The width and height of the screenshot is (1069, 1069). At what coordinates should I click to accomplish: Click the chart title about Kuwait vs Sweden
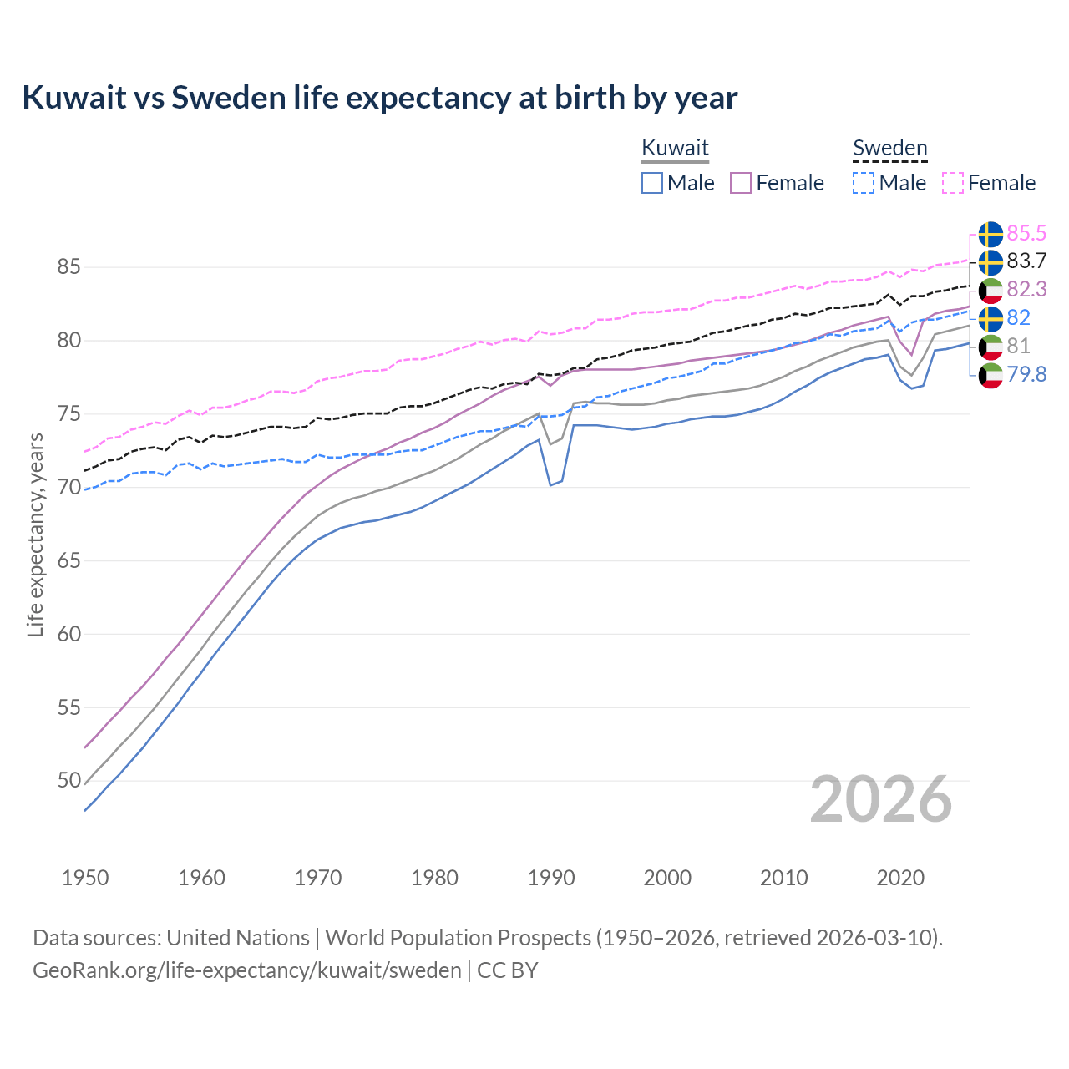pyautogui.click(x=380, y=98)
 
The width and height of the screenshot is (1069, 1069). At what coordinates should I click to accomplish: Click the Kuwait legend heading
pyautogui.click(x=675, y=148)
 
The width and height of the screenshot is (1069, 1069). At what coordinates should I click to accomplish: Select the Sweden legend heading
pyautogui.click(x=889, y=148)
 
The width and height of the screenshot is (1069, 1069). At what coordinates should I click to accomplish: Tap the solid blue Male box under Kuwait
pyautogui.click(x=652, y=183)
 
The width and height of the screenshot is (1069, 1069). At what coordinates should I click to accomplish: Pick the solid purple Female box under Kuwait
pyautogui.click(x=742, y=183)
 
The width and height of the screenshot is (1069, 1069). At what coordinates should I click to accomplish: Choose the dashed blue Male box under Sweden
pyautogui.click(x=864, y=183)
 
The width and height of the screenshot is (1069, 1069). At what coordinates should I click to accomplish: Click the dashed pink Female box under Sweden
pyautogui.click(x=953, y=183)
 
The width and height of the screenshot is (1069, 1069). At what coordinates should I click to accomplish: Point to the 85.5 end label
pyautogui.click(x=1026, y=233)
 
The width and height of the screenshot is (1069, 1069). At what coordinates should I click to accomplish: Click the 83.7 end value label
pyautogui.click(x=1026, y=261)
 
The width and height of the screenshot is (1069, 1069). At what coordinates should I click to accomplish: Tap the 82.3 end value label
pyautogui.click(x=1026, y=289)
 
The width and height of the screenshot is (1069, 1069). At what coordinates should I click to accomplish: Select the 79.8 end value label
pyautogui.click(x=1026, y=374)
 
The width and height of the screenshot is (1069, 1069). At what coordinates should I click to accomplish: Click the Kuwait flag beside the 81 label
pyautogui.click(x=990, y=347)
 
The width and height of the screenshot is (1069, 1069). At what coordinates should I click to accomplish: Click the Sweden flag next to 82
pyautogui.click(x=990, y=318)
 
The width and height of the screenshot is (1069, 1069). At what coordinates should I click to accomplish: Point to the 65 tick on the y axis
pyautogui.click(x=68, y=560)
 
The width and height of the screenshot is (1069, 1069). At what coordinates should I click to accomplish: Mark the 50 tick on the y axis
pyautogui.click(x=68, y=781)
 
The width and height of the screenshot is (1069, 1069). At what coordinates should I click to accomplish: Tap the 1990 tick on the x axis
pyautogui.click(x=551, y=878)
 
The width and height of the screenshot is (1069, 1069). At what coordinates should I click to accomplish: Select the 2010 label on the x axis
pyautogui.click(x=783, y=878)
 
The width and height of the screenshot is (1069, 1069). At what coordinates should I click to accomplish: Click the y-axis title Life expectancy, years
pyautogui.click(x=35, y=534)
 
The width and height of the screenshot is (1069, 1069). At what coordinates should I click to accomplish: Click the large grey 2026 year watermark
pyautogui.click(x=880, y=799)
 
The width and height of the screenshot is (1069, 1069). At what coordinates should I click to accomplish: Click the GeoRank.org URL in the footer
pyautogui.click(x=247, y=970)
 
